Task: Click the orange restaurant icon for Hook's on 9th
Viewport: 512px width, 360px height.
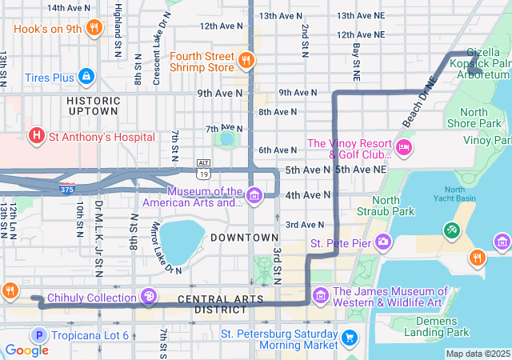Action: pyautogui.click(x=94, y=28)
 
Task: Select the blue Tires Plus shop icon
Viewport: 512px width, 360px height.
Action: pyautogui.click(x=86, y=77)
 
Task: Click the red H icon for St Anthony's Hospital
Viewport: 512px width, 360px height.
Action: pyautogui.click(x=36, y=136)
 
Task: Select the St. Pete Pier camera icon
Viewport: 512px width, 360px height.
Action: pyautogui.click(x=384, y=241)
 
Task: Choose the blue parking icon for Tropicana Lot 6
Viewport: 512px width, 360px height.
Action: pyautogui.click(x=36, y=335)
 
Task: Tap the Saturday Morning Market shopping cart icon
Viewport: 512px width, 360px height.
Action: pyautogui.click(x=349, y=338)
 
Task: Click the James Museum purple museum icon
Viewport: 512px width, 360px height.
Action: pyautogui.click(x=321, y=297)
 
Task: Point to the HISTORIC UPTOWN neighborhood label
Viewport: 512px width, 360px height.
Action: pyautogui.click(x=93, y=106)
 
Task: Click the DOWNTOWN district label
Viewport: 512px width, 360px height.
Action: pyautogui.click(x=244, y=238)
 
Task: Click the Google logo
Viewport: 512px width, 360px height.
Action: pyautogui.click(x=26, y=350)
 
